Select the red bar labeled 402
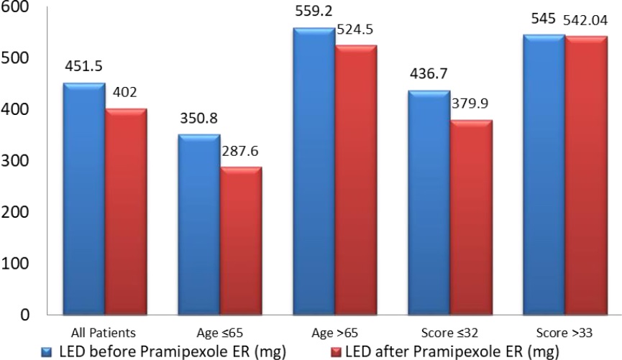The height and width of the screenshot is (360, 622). pos(127,211)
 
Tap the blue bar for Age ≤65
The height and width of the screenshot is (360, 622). pos(198,224)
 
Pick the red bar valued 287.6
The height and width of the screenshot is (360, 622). pos(240,241)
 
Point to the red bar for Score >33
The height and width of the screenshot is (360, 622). pos(586,175)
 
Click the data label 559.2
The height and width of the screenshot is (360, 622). pos(312,12)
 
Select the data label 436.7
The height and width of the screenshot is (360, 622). pos(428,75)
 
